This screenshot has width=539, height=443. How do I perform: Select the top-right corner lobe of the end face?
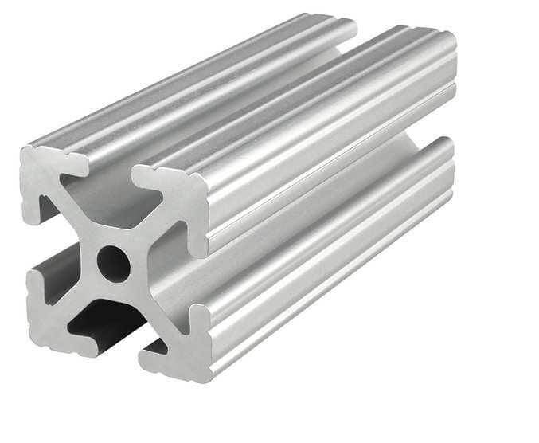click(x=179, y=195)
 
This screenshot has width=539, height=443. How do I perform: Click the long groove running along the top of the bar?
click(x=263, y=96)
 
